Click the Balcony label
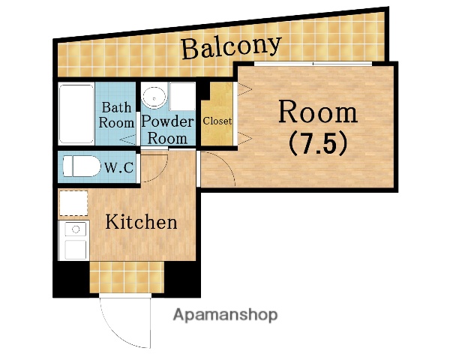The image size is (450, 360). (x=231, y=47)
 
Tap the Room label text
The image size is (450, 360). (x=318, y=112)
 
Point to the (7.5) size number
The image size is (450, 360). (x=318, y=143)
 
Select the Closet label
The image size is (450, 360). (x=217, y=121)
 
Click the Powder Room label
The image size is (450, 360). (x=168, y=130)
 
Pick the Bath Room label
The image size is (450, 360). (x=116, y=115)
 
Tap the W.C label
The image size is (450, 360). (x=118, y=167)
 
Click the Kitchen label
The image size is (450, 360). (x=141, y=222)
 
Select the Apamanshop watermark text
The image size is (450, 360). (x=225, y=315)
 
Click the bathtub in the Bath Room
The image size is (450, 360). (x=76, y=114)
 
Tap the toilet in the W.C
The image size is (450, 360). (x=81, y=166)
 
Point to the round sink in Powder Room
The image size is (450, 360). (x=154, y=98)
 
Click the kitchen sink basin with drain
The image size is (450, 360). (x=76, y=229)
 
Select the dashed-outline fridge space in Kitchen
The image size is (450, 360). (x=73, y=203)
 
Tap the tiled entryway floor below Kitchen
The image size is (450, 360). (x=127, y=277)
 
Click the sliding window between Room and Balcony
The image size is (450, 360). (x=313, y=64)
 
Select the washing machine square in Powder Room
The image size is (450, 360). (x=182, y=97)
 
